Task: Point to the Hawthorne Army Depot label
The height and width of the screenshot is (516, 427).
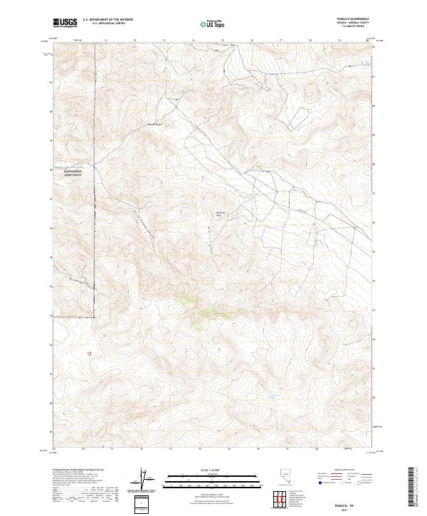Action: pos(73,172)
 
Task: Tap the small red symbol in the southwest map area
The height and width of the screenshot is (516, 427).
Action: pos(89,352)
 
